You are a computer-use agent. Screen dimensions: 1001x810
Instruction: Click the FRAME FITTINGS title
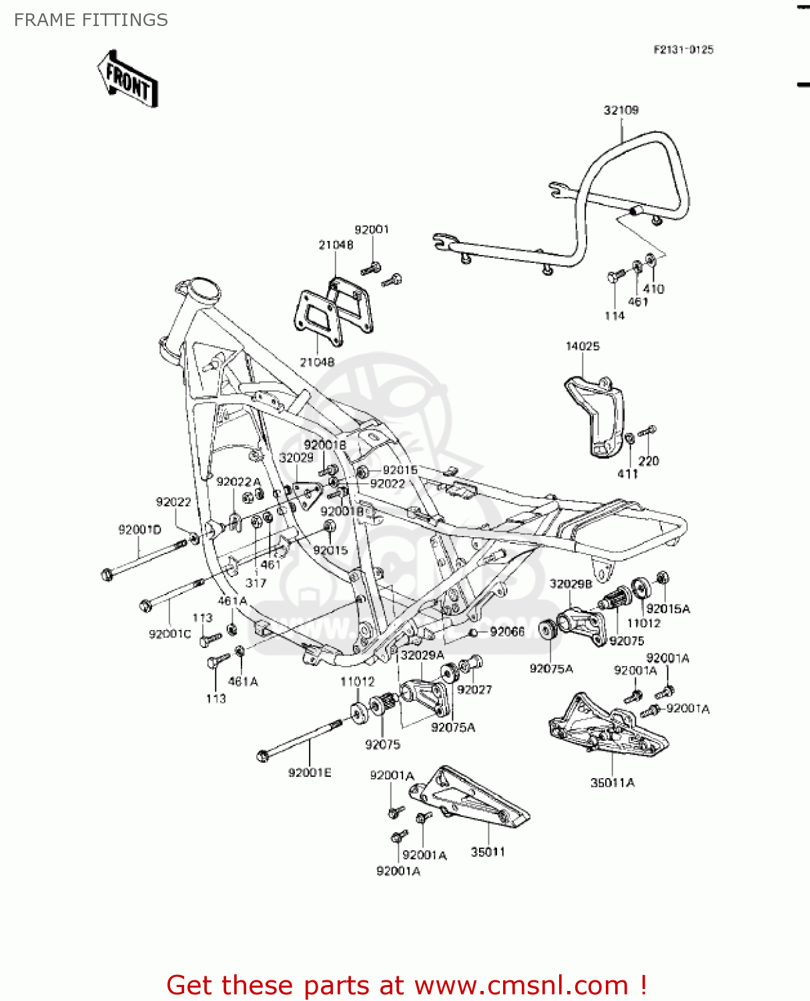[91, 20]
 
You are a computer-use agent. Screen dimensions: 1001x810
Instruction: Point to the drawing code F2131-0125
[683, 49]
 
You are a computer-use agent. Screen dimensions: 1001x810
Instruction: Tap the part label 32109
[621, 110]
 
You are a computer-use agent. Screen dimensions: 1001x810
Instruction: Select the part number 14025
[582, 346]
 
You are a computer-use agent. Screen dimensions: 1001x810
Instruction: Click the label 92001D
[139, 530]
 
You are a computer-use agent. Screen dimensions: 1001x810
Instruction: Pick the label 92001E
[310, 772]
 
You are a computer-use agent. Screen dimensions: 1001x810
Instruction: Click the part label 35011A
[613, 782]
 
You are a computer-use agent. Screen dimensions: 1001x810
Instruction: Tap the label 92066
[507, 631]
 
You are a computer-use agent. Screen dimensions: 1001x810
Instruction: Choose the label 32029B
[570, 584]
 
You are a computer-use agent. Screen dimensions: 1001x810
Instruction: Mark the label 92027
[474, 689]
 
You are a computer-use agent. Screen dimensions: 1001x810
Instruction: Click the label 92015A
[668, 609]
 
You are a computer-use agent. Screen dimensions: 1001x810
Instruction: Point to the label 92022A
[238, 482]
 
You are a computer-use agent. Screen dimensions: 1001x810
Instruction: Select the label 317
[256, 583]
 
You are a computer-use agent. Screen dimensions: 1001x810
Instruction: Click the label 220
[649, 460]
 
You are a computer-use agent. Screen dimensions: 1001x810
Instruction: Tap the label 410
[653, 289]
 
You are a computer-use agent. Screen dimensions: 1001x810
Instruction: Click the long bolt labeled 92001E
[300, 739]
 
